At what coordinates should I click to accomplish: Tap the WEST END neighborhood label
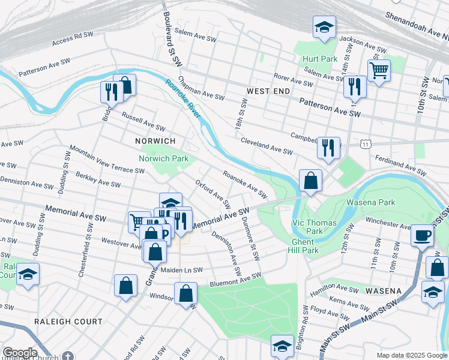coord(268,91)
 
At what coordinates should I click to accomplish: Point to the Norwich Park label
coord(164,158)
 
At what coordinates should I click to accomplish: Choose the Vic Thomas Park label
coord(307,226)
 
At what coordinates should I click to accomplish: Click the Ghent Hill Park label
coord(304,247)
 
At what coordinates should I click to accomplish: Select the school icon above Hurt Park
coord(324,27)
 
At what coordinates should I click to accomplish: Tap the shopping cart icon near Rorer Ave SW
coord(379,71)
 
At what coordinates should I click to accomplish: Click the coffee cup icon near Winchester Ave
coord(422,234)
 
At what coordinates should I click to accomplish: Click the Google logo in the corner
coord(20,352)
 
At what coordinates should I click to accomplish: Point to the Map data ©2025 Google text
coord(411,355)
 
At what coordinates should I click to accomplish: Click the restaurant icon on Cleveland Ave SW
coord(328,148)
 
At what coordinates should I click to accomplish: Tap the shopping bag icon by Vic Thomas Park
coord(310,180)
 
